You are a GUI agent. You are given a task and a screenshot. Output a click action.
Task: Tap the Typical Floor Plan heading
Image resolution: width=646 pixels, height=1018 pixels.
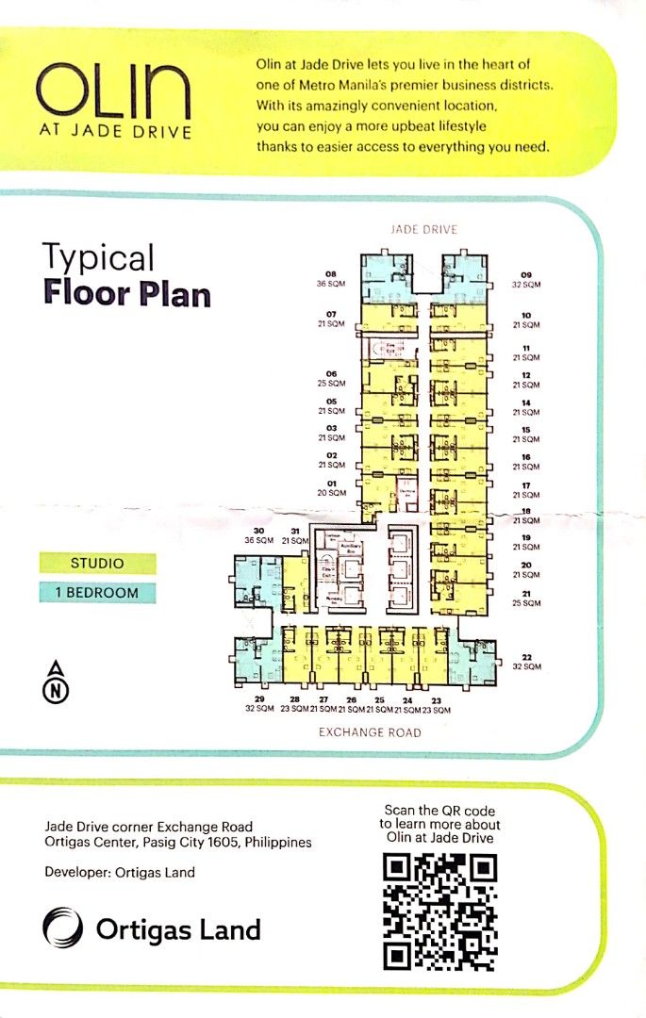[125, 275]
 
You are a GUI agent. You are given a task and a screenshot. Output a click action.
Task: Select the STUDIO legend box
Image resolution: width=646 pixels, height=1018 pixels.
[97, 564]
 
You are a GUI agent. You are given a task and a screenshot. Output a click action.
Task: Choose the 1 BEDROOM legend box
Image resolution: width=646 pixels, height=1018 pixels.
[97, 593]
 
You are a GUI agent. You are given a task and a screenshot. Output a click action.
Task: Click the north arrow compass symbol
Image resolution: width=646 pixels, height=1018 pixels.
[58, 682]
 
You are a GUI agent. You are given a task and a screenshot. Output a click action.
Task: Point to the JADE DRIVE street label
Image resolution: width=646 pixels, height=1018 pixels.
[423, 230]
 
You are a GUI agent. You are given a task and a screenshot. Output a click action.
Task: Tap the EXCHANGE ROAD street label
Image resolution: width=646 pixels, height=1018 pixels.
[370, 732]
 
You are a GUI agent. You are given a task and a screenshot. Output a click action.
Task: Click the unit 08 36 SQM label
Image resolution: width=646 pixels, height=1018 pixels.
[332, 278]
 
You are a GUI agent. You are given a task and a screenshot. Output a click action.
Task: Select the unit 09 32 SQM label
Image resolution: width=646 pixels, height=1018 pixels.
[526, 279]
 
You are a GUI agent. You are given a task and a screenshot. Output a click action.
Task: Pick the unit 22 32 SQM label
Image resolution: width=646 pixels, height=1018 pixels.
[527, 662]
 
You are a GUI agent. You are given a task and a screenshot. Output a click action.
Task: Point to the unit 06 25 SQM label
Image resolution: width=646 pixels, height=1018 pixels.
[332, 378]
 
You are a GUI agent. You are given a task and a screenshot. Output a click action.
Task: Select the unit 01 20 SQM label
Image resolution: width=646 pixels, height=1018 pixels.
[332, 488]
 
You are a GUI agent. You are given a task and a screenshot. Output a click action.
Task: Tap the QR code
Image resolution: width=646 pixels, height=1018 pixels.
[439, 911]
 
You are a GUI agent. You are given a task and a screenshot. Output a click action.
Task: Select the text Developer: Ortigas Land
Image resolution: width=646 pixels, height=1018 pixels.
[120, 872]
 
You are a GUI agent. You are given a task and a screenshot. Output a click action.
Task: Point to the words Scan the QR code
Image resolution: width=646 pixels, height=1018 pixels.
[439, 811]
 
